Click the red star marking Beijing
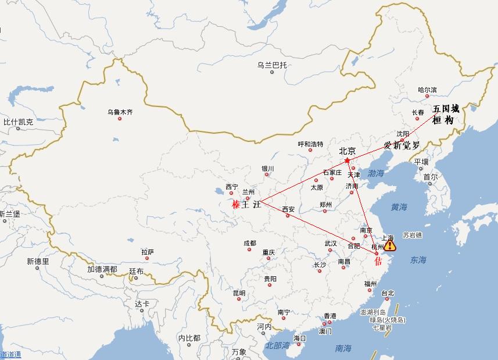(347, 161)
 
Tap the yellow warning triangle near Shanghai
(389, 245)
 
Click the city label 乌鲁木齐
(120, 112)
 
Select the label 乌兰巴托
(272, 65)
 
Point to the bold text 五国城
(446, 109)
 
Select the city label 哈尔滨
(427, 90)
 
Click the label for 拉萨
(148, 252)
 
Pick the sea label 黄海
(399, 207)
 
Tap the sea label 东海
(418, 260)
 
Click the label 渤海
(376, 173)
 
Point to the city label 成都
(249, 243)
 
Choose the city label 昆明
(238, 293)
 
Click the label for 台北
(388, 294)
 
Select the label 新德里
(38, 262)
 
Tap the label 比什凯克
(18, 122)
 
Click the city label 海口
(300, 338)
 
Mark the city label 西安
(288, 209)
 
